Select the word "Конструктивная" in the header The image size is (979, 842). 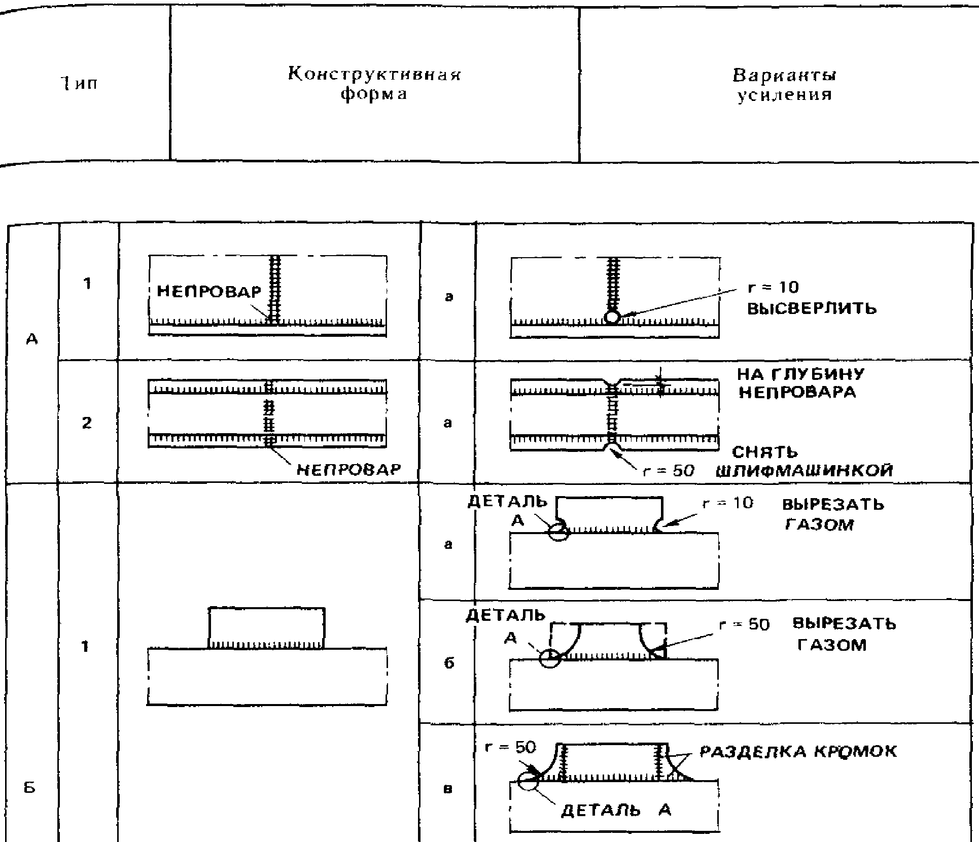[x=374, y=75]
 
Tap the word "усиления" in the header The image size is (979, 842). [x=784, y=95]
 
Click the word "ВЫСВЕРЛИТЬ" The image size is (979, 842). [x=812, y=308]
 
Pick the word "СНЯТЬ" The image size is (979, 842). [x=765, y=452]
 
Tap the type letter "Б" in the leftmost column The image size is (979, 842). [x=30, y=788]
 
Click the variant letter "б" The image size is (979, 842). [x=449, y=663]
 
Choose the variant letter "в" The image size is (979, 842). [x=448, y=789]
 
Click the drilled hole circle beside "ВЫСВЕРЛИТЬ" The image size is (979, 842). [x=613, y=318]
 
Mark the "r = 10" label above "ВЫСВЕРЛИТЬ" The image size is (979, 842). [x=773, y=288]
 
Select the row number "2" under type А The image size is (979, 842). [x=87, y=423]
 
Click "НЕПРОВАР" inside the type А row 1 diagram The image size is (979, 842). [x=209, y=291]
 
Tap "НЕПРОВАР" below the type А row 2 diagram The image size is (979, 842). [x=348, y=469]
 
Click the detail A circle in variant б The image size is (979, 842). [x=549, y=658]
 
